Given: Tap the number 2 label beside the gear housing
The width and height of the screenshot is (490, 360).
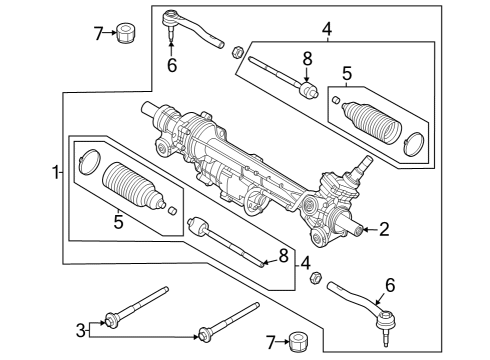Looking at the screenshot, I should coord(384,229).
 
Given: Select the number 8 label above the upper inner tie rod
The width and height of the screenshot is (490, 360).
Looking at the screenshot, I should coord(307,60).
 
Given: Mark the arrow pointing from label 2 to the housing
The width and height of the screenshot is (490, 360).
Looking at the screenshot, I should coord(365,229).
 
